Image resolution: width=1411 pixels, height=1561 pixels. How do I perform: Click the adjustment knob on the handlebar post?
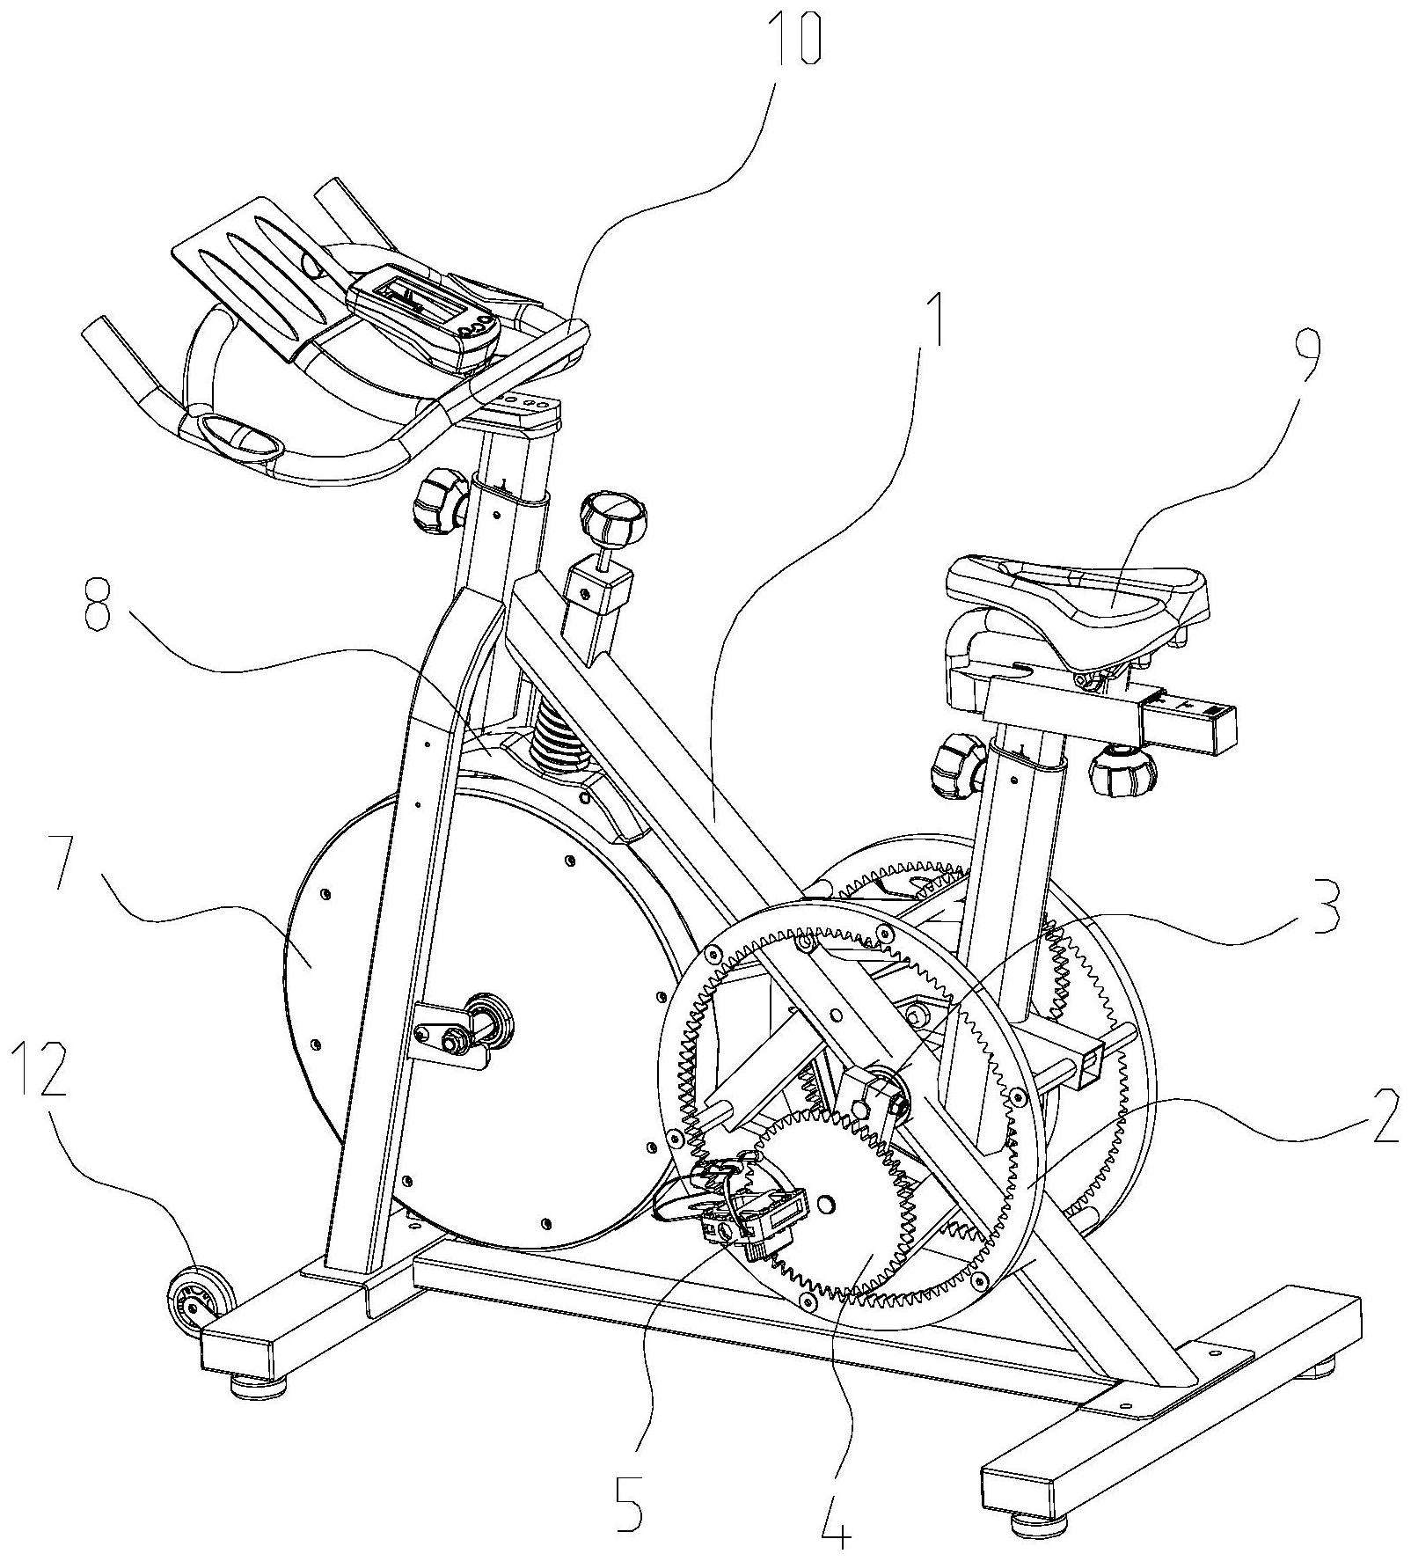point(440,502)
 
